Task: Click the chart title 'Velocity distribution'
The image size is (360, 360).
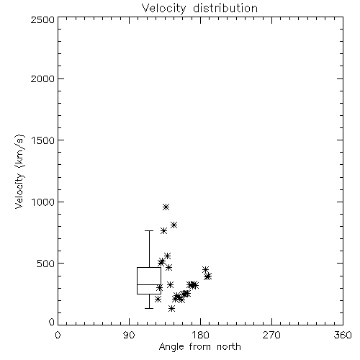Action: pos(199,8)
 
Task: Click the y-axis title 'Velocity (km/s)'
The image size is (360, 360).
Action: pos(19,171)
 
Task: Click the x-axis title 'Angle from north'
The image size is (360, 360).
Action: pos(199,347)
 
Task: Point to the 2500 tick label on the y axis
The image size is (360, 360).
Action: pos(42,19)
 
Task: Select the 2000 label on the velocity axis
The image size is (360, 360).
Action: pos(42,78)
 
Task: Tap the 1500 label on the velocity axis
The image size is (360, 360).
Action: pos(43,140)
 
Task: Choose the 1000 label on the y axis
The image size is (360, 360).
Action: pos(43,202)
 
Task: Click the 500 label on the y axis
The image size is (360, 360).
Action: pos(46,264)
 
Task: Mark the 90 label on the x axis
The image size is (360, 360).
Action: pos(129,335)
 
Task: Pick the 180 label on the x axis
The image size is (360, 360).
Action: pos(200,335)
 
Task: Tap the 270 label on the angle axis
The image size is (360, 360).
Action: pos(271,335)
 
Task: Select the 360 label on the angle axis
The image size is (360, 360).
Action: pos(343,335)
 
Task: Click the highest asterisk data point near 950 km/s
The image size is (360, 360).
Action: pos(166,207)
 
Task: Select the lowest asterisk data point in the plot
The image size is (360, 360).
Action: pos(171,308)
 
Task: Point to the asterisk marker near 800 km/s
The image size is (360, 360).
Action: pos(174,225)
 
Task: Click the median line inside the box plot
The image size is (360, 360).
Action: pos(149,284)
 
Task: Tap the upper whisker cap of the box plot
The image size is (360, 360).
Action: pos(149,230)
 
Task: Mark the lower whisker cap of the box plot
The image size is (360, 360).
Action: pos(149,308)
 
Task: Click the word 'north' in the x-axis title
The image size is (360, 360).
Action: pos(229,347)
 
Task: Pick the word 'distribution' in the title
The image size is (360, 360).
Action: pos(225,8)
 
